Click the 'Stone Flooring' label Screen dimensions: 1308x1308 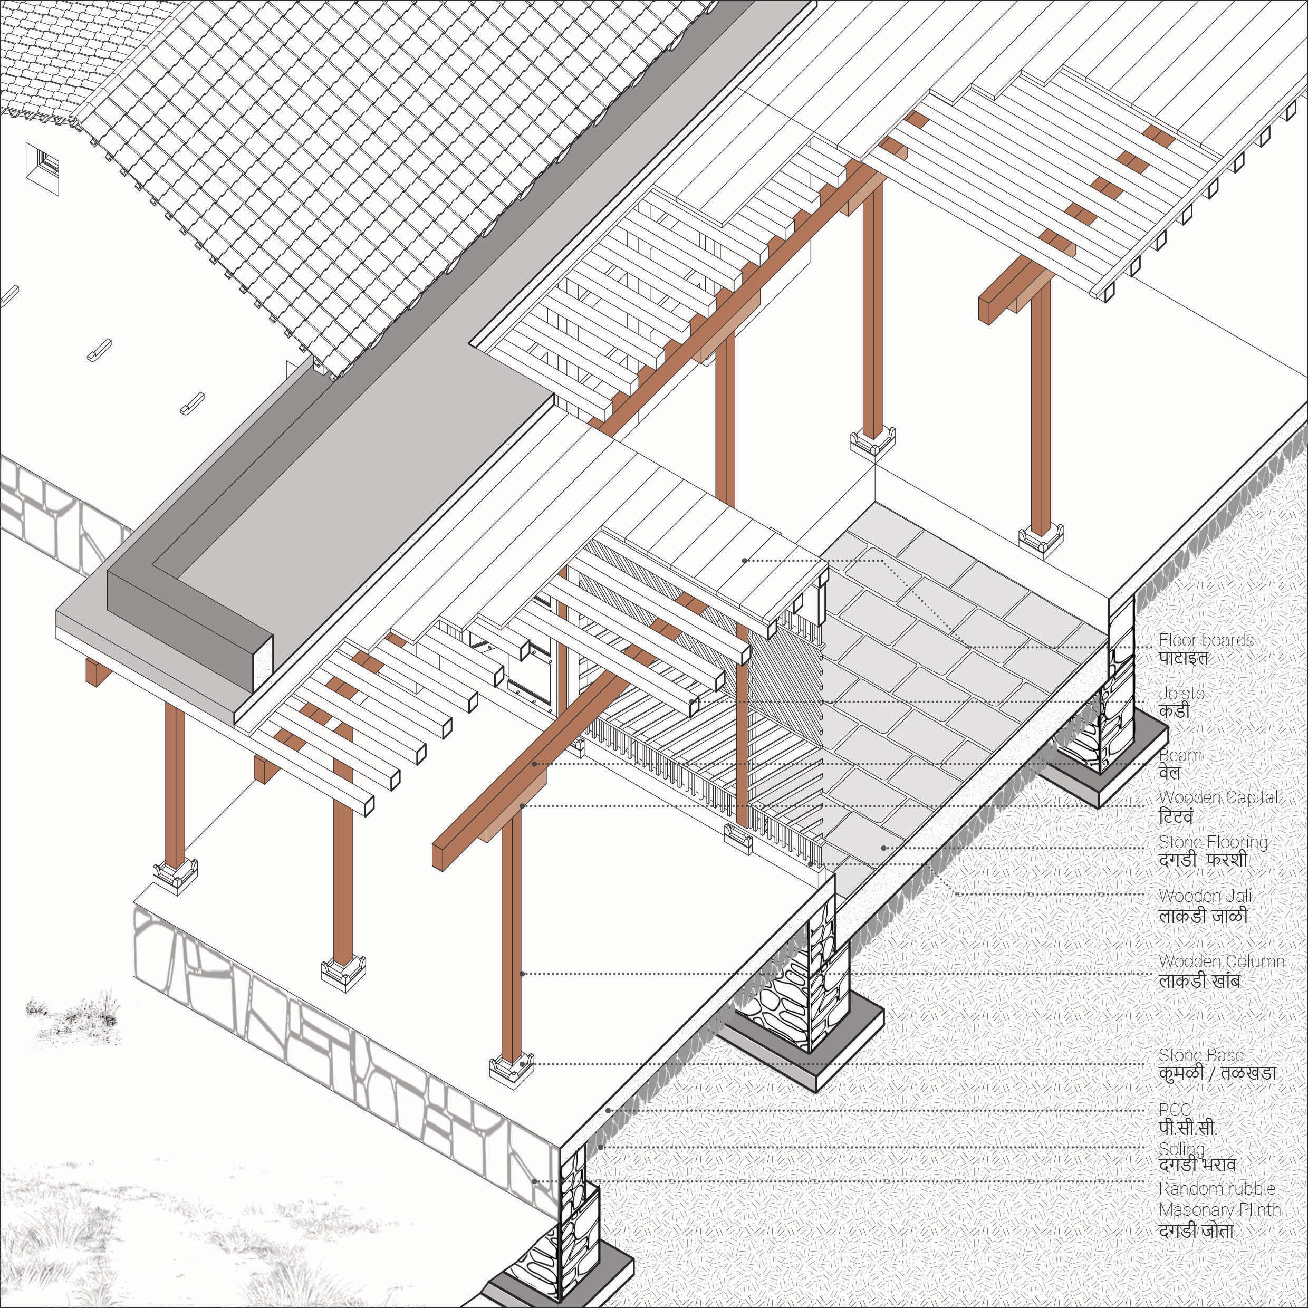[1213, 843]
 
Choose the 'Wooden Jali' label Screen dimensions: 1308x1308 [1196, 897]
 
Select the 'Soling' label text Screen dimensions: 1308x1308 [1182, 1149]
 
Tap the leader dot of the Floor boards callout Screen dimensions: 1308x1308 [745, 561]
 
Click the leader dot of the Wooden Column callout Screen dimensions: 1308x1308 [522, 974]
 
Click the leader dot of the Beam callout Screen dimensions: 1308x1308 [535, 764]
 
